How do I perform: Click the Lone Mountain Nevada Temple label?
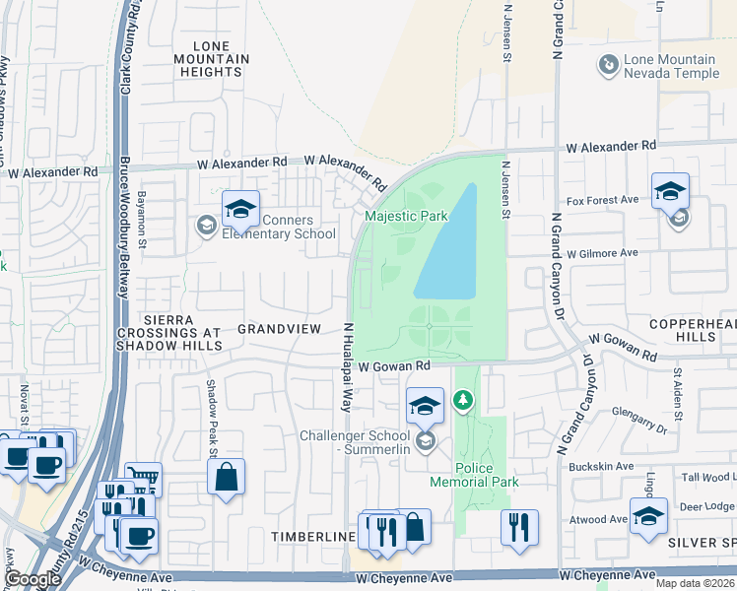[x=670, y=67]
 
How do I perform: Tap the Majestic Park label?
[x=406, y=216]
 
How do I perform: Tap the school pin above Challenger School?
[x=425, y=405]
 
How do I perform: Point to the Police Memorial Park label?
[x=474, y=475]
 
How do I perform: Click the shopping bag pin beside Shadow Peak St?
[x=226, y=478]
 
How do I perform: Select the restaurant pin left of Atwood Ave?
[x=517, y=526]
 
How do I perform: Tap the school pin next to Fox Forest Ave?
[x=670, y=191]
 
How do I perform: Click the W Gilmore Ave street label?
[x=602, y=253]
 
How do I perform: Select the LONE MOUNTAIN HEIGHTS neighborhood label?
[x=212, y=59]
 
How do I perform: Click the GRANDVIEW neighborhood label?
[x=279, y=328]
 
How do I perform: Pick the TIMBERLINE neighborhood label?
[x=313, y=536]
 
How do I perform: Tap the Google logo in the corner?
[x=33, y=579]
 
